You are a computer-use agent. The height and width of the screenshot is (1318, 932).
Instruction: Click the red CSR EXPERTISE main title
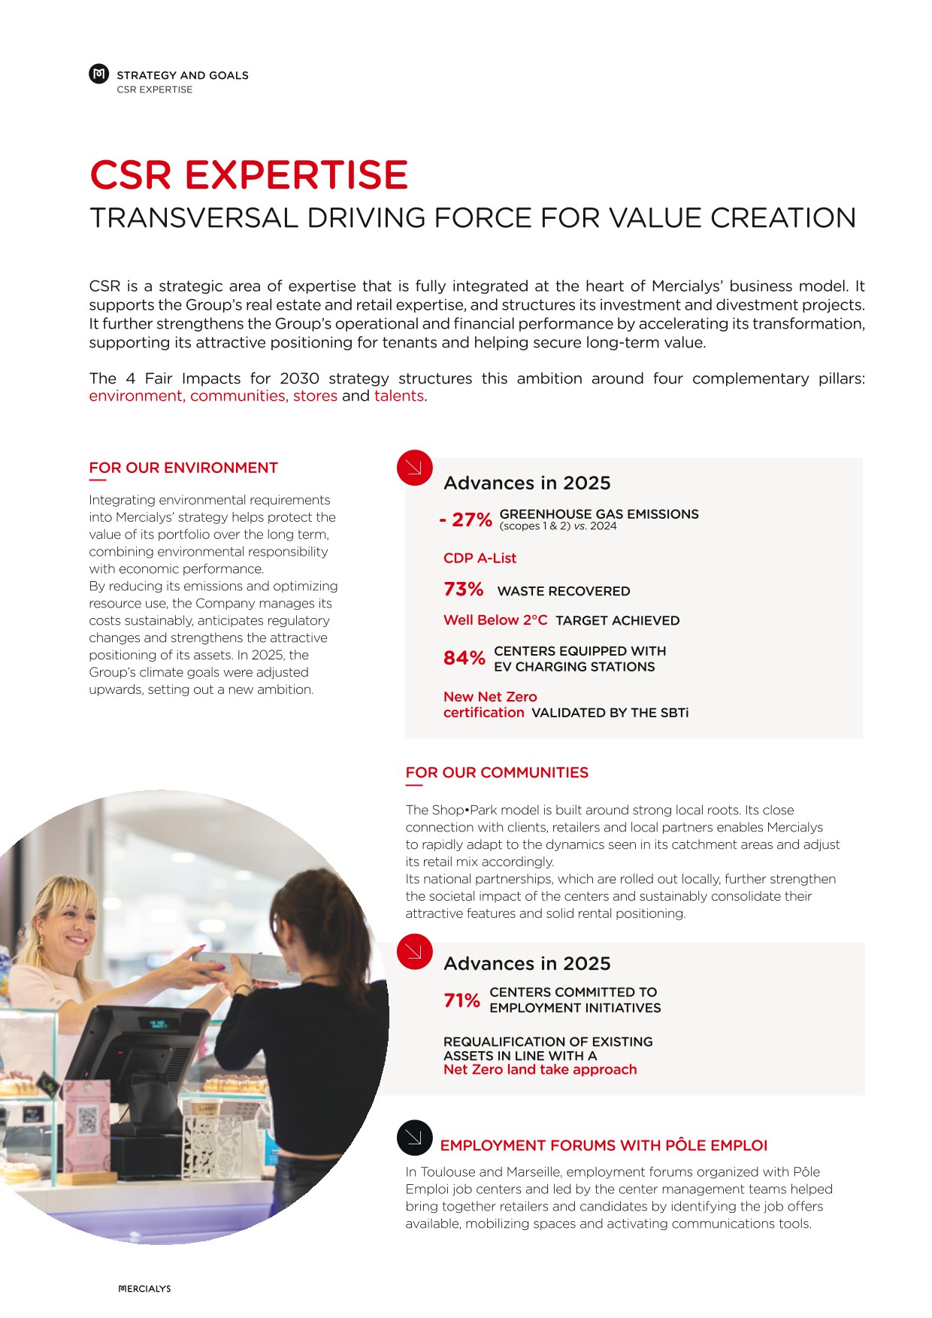[x=248, y=175]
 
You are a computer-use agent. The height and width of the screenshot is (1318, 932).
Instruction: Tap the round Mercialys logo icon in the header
[x=98, y=74]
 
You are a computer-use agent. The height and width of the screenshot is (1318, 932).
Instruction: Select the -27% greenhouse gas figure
[x=466, y=520]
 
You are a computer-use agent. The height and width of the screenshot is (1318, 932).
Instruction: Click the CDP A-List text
[x=480, y=558]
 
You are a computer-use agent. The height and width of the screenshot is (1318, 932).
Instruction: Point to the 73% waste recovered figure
[x=463, y=589]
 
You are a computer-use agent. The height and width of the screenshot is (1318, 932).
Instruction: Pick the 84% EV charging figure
[x=464, y=659]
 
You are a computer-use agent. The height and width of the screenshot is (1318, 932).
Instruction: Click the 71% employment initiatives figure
[x=461, y=1001]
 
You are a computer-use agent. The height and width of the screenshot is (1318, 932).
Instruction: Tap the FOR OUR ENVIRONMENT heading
[x=183, y=468]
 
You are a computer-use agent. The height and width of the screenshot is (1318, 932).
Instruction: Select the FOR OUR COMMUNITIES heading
[x=497, y=772]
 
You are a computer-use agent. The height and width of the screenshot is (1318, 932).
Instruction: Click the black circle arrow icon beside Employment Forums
[x=414, y=1138]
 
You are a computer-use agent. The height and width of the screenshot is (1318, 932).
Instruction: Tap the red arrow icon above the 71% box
[x=414, y=951]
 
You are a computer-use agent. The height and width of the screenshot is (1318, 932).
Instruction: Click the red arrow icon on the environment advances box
[x=414, y=468]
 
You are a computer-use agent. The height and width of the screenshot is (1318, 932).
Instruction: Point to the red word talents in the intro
[x=398, y=396]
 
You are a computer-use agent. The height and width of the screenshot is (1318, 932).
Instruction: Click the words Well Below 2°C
[x=495, y=620]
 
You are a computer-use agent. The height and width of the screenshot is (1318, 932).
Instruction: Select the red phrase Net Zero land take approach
[x=540, y=1070]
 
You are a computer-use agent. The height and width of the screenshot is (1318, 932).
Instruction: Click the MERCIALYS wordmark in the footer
[x=145, y=1289]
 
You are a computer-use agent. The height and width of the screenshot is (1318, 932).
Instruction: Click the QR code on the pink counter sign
[x=88, y=1121]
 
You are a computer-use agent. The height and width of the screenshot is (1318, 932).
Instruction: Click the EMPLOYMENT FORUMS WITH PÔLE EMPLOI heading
[x=604, y=1145]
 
